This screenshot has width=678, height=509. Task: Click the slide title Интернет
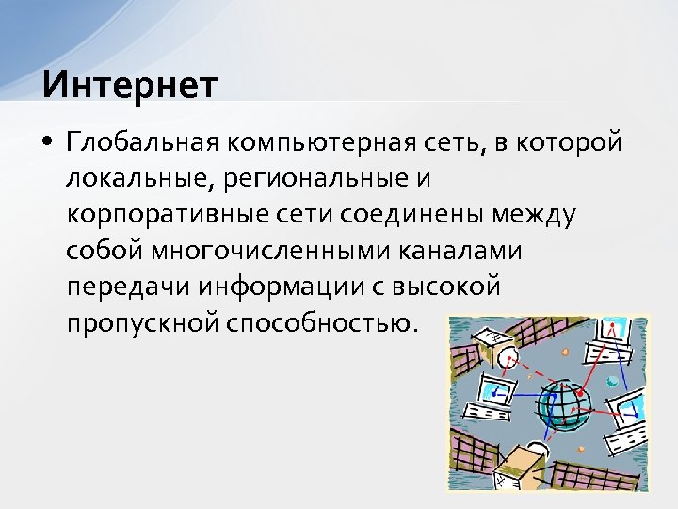point(129,84)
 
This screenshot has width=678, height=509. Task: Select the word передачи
point(120,286)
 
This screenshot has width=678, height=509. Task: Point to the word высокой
point(447,286)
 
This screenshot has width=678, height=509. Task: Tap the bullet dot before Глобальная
point(47,143)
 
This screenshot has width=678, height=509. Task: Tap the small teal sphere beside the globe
point(612,382)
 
